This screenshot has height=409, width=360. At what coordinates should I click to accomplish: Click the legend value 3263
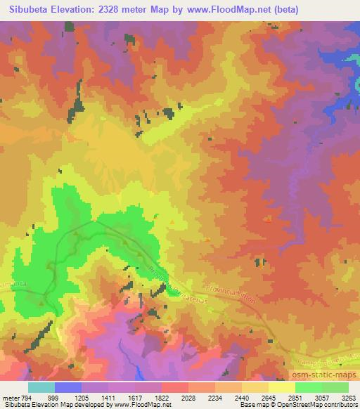tap(349, 398)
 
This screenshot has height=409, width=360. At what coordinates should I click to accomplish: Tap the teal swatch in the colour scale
tap(41, 387)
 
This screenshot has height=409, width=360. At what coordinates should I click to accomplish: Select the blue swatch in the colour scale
tap(68, 387)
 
